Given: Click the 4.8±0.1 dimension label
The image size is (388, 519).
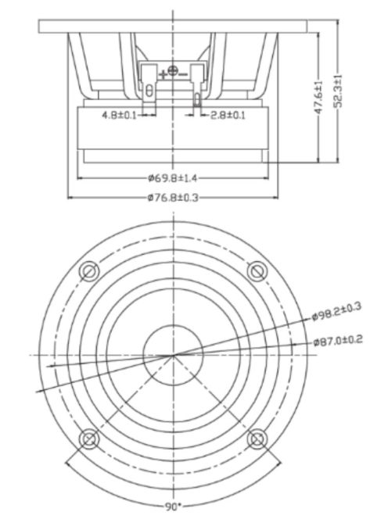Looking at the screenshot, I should click(120, 115).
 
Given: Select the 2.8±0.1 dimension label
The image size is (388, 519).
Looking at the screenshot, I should click(227, 115).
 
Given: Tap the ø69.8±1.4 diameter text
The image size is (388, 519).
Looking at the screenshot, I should click(173, 177).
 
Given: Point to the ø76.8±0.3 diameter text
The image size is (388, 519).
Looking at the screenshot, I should click(173, 197).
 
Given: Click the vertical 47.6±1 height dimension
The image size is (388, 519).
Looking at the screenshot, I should click(318, 99).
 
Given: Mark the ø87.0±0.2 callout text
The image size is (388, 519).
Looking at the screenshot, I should click(337, 342).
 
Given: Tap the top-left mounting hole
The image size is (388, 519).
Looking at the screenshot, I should click(89, 271).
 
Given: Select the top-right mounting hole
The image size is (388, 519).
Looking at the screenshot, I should click(257, 271).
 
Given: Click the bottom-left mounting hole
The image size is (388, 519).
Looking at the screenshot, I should click(89, 439).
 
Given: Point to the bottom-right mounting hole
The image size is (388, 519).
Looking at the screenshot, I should click(257, 439).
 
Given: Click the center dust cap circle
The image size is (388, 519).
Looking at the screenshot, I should click(173, 355).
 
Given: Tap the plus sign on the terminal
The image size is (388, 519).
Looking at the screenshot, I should click(163, 73).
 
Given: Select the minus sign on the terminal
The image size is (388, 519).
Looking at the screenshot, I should click(183, 73).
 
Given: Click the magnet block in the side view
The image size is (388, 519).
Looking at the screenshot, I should click(173, 129).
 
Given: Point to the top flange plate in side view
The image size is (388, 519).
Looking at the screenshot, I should click(173, 25).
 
